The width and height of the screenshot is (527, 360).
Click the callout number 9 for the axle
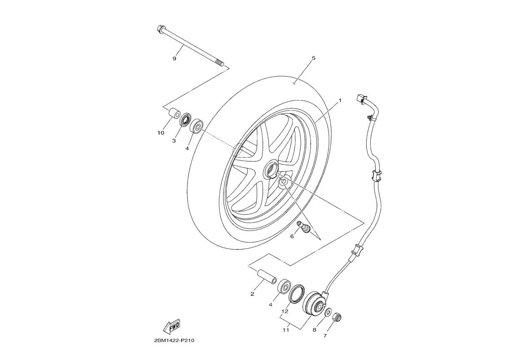click(x=175, y=58)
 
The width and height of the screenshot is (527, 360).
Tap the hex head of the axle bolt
click(x=161, y=30)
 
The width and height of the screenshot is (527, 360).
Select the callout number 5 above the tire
click(x=313, y=58)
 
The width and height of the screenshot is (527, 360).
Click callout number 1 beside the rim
click(x=340, y=100)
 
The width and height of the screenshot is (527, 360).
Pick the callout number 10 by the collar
click(x=161, y=133)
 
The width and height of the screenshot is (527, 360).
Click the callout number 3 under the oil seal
click(x=174, y=140)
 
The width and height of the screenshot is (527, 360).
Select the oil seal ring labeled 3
click(x=184, y=120)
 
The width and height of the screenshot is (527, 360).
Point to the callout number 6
click(x=292, y=236)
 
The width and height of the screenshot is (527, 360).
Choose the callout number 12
click(x=285, y=311)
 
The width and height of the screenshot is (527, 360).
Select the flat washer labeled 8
click(x=329, y=312)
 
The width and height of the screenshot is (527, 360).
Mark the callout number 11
click(x=285, y=330)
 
